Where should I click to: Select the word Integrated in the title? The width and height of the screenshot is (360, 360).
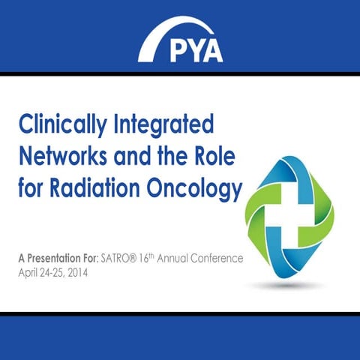pyautogui.click(x=167, y=124)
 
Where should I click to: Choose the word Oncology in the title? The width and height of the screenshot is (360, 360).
pyautogui.click(x=196, y=190)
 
